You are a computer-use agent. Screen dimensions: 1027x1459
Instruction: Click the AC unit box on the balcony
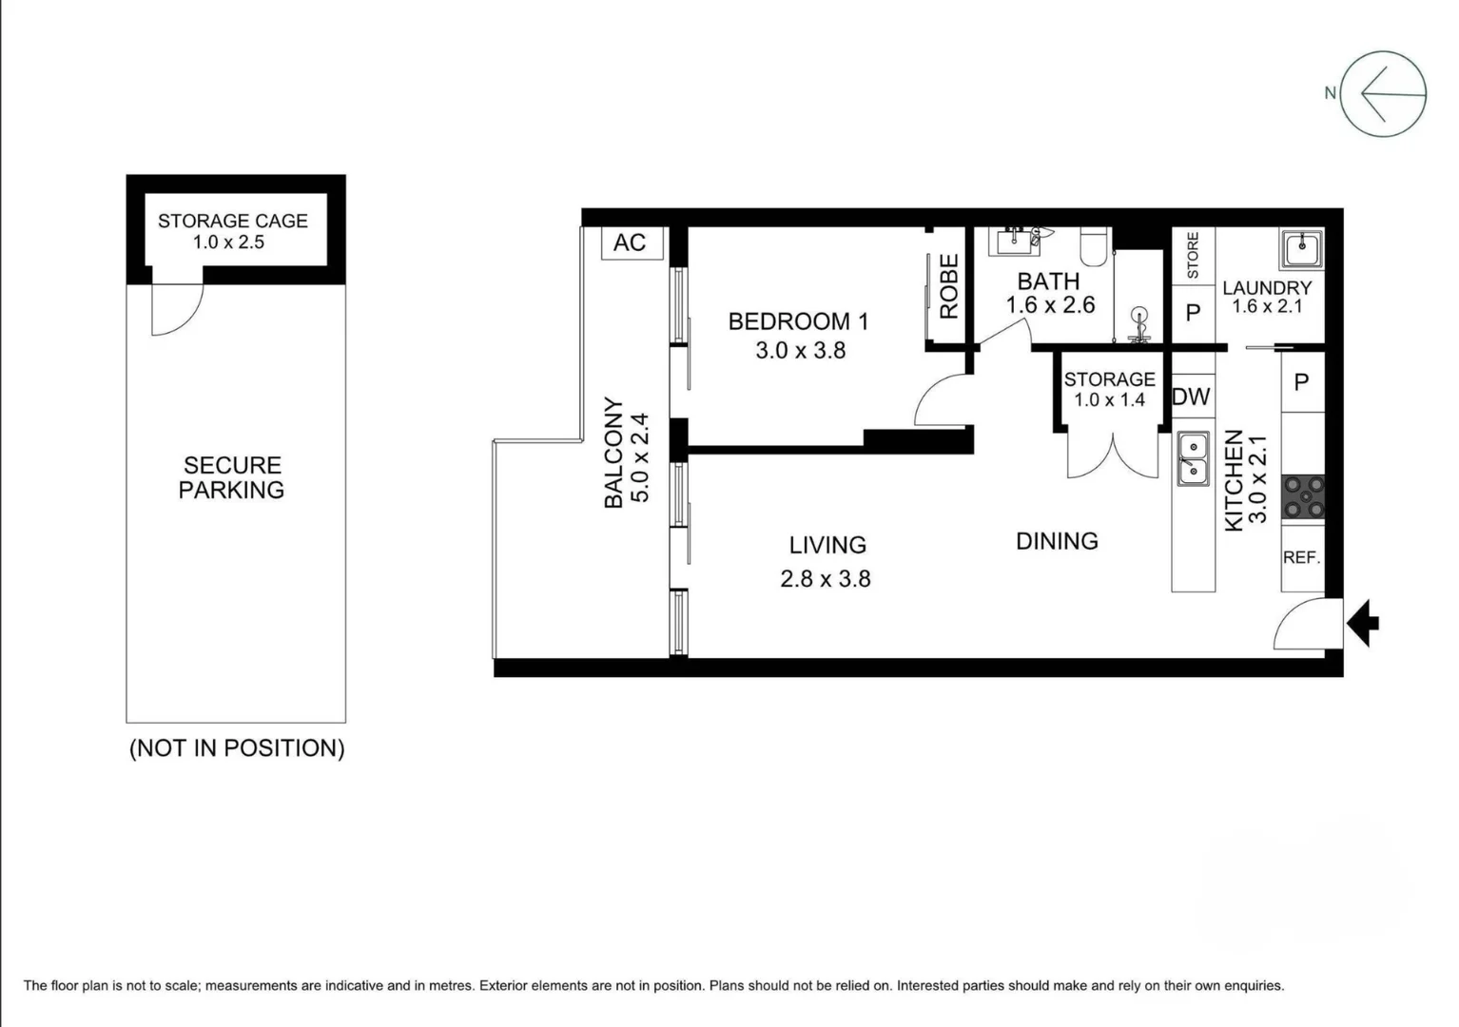(x=630, y=242)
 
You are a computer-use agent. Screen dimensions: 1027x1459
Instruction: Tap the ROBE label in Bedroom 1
(x=948, y=286)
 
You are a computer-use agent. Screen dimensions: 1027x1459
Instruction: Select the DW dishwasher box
(x=1191, y=397)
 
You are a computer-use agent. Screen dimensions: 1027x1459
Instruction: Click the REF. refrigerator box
(x=1301, y=558)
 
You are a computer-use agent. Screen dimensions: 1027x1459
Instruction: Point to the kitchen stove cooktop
(x=1303, y=497)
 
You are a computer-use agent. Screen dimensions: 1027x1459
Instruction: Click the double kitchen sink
(x=1193, y=457)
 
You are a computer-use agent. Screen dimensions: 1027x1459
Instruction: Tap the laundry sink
(x=1300, y=250)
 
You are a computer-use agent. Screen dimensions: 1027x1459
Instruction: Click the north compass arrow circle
(x=1383, y=94)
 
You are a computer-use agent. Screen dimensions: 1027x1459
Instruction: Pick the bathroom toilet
(x=1095, y=247)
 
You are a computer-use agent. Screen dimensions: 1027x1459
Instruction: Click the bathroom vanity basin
(x=1015, y=242)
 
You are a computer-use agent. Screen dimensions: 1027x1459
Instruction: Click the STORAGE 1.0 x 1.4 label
(x=1109, y=389)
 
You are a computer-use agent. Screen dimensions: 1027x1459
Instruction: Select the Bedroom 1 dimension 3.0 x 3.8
(x=800, y=351)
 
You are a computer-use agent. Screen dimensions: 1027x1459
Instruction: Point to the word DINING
(x=1057, y=541)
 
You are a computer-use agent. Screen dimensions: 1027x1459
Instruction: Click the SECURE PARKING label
(x=232, y=477)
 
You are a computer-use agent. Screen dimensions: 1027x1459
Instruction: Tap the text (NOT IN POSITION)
(x=237, y=748)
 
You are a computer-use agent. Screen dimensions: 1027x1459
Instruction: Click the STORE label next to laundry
(x=1193, y=255)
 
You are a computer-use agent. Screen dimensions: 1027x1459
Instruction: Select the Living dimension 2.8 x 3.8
(x=825, y=579)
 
